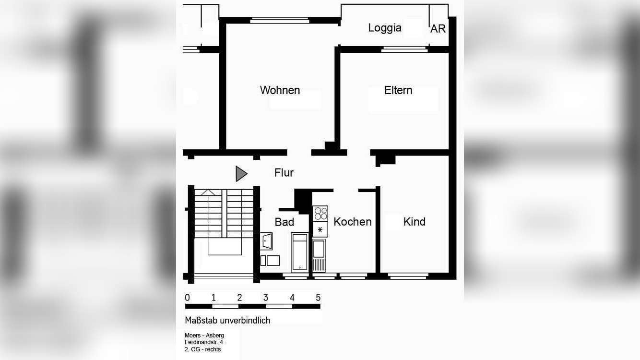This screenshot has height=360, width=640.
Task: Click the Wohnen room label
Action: [280, 90]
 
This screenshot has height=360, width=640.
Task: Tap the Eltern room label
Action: [398, 90]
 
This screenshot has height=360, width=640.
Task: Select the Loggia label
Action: [384, 28]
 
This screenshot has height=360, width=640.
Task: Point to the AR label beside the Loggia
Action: [438, 29]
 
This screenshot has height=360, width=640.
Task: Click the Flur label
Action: [284, 173]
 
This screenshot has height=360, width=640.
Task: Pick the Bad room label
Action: [284, 222]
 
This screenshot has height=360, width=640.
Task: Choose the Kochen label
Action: [352, 222]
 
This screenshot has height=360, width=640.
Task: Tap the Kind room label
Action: [414, 222]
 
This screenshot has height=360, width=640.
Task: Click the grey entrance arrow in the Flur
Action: [241, 174]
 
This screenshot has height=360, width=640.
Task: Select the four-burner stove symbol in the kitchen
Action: [320, 213]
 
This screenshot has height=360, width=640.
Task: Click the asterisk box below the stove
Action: [320, 229]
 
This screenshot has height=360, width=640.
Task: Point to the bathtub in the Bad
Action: [300, 252]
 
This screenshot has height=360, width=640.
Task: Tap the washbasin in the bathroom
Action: [267, 241]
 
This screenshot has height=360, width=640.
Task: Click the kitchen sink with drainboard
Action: [319, 255]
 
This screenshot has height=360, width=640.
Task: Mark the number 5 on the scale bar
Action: [318, 298]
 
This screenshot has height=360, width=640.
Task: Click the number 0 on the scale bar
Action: [187, 298]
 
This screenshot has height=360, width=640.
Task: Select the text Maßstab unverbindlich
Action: [227, 320]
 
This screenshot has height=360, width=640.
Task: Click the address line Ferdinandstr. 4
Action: [203, 342]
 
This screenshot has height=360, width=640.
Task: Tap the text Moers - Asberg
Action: [204, 335]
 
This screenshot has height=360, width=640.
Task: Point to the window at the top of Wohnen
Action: [280, 20]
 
